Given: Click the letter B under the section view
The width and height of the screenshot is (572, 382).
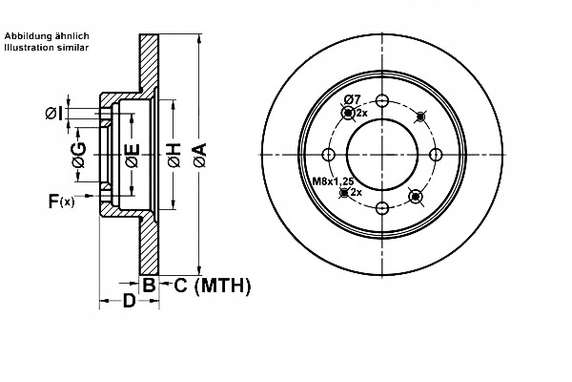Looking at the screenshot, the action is click(149, 284).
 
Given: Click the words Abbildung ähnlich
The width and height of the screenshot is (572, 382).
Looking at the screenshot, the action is click(48, 35).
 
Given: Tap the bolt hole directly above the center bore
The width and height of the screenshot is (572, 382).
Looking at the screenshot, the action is click(381, 102).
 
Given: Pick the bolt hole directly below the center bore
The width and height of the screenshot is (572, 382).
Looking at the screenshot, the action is click(381, 208).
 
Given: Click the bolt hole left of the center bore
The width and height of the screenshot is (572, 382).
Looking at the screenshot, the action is click(329, 155).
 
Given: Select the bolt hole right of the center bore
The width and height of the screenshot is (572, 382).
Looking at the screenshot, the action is click(435, 155).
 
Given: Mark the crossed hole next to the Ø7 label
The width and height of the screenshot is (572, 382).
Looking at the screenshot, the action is click(347, 114).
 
